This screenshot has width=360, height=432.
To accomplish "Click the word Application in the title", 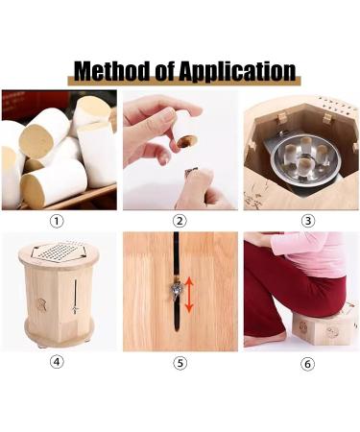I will coord(241,71).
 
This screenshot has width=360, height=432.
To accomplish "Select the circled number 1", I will coord(58,220).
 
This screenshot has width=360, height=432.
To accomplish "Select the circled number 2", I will coord(180,220).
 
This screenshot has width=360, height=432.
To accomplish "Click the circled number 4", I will coord(58,362).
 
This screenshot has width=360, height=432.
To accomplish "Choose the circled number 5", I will coord(180,362).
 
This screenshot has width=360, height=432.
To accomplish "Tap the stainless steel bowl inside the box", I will coord(299,163).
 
